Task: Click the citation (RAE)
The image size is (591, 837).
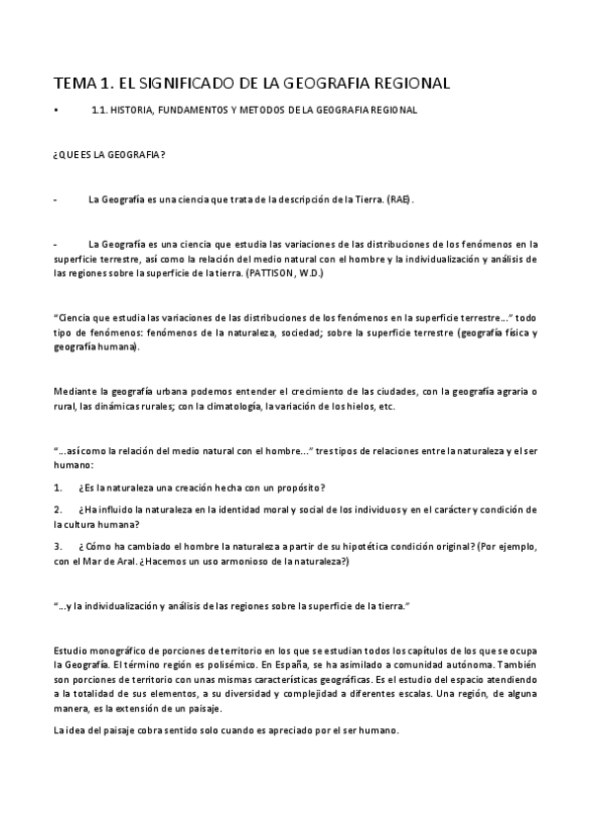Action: tap(401, 199)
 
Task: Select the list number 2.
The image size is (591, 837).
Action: tap(58, 509)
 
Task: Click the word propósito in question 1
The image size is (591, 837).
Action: tap(302, 489)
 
